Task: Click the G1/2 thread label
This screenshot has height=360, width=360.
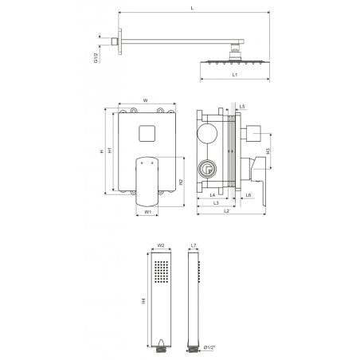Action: coord(96,58)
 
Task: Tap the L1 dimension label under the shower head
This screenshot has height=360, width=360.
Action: coord(235,75)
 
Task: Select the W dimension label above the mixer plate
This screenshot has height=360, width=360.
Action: coord(146,100)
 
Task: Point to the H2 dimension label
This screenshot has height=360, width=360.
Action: coord(181,182)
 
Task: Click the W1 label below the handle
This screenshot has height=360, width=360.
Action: coord(147,212)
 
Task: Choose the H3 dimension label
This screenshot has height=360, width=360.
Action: coord(268,151)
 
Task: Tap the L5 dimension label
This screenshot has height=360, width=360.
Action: coord(242,107)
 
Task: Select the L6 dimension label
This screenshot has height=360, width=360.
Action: coord(248,195)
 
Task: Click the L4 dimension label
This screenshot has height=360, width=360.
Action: coord(213,195)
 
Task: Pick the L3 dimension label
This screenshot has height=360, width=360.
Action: coord(216,203)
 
